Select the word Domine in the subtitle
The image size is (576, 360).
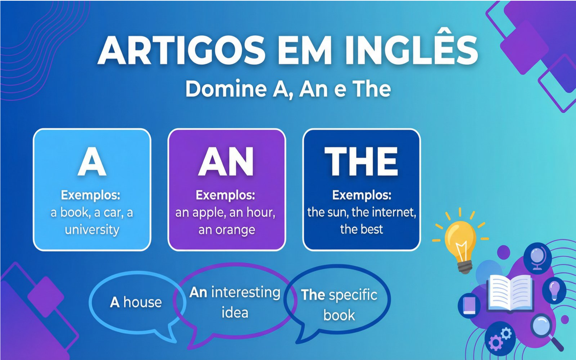[x=226, y=89]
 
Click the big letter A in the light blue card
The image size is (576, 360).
[x=92, y=162]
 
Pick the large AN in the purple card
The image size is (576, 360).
[x=226, y=161]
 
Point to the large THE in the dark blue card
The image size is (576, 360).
[x=361, y=161]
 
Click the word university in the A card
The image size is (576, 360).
[x=92, y=229]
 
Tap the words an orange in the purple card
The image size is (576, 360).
[x=227, y=230]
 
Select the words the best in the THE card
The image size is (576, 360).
[x=362, y=229]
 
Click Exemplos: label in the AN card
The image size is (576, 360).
[x=226, y=195]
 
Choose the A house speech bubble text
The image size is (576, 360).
[x=136, y=302]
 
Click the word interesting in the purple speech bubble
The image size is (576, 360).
[x=246, y=292]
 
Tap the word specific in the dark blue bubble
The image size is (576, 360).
[x=353, y=295]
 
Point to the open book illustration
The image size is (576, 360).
[x=510, y=293]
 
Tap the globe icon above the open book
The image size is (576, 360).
[x=538, y=258]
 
